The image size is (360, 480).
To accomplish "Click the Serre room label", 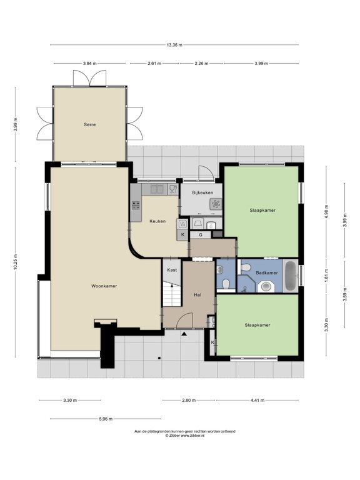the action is (90, 124).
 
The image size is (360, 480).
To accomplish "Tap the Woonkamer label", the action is (104, 286).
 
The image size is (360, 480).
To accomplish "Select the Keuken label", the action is (157, 221).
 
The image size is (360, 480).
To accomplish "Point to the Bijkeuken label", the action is (202, 192).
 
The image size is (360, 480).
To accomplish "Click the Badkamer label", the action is (267, 272).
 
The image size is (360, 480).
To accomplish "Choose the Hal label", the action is (197, 295).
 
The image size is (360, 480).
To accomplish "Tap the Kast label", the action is (172, 270).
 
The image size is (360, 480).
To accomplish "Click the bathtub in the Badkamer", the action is (291, 276).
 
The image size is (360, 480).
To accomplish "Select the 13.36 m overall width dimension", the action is (174, 45).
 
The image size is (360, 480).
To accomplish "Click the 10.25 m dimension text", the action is (15, 262).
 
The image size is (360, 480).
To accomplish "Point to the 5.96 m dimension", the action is (106, 419).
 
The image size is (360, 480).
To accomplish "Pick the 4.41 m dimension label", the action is (257, 400).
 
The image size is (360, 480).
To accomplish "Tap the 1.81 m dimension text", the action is (326, 275).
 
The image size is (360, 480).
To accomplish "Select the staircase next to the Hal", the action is (172, 294).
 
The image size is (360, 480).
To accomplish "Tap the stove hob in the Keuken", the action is (136, 206).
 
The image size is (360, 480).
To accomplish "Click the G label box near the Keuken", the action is (201, 235).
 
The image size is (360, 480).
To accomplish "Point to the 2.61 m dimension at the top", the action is (154, 63).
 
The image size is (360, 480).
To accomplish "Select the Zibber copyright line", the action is (185, 435).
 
